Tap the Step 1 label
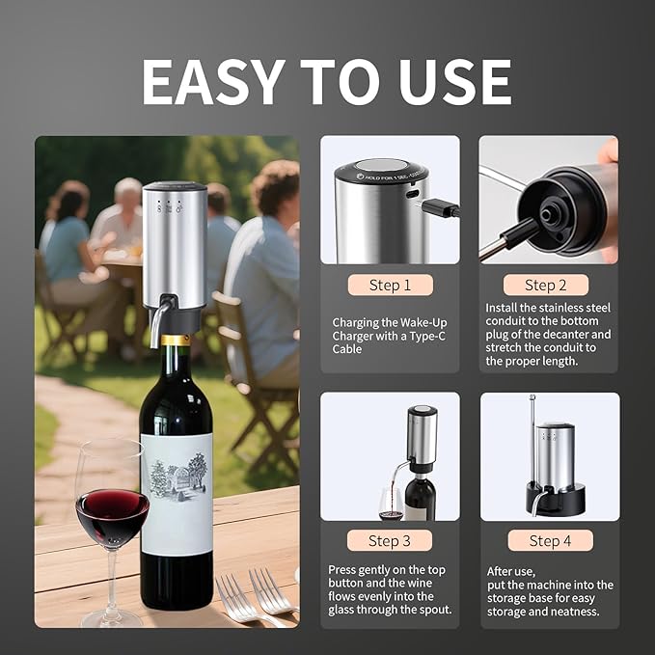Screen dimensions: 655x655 [x=390, y=285]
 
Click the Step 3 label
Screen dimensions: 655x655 [x=390, y=540]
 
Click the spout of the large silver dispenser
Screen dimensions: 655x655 [x=157, y=327]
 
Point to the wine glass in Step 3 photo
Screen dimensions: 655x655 [x=390, y=502]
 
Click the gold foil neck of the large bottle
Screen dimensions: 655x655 [x=175, y=341]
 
